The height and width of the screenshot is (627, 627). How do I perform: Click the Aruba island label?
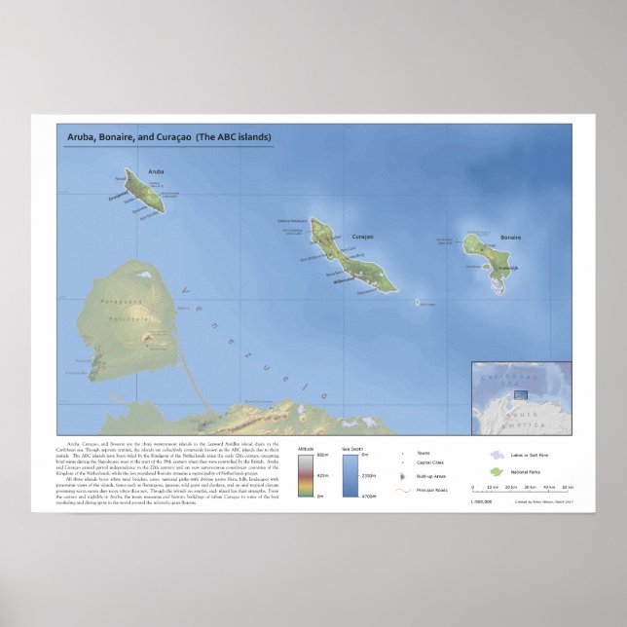click(x=157, y=171)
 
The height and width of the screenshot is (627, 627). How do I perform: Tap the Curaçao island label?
click(x=362, y=237)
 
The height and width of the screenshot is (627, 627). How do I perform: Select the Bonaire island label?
click(x=511, y=237)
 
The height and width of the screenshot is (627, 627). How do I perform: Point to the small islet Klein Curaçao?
click(x=420, y=303)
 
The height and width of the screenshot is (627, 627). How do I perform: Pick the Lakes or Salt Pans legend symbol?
click(x=498, y=453)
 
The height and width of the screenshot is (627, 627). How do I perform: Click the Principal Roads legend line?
click(x=403, y=489)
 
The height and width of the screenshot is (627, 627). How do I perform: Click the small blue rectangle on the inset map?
click(x=521, y=395)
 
